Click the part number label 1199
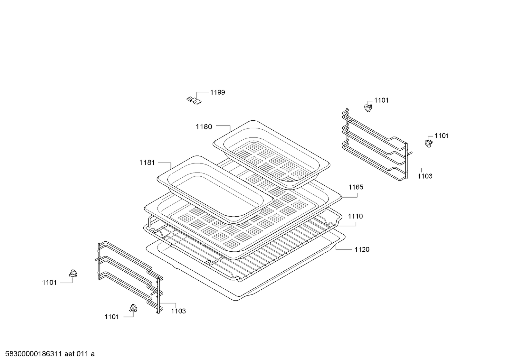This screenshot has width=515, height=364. [x=217, y=92]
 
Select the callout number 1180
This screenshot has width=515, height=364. [x=204, y=126]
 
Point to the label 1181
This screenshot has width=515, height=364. [x=147, y=163]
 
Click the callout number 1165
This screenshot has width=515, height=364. [x=356, y=187]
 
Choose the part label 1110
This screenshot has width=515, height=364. [x=355, y=216]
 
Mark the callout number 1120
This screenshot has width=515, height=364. [x=362, y=249]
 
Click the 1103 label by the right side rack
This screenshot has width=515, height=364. [x=425, y=176]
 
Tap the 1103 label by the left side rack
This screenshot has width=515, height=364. [x=178, y=311]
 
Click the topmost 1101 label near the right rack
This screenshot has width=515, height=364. [x=381, y=100]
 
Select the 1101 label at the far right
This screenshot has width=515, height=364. [x=442, y=136]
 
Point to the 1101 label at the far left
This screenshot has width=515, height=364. [x=49, y=283]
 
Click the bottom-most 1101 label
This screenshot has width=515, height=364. [x=112, y=317]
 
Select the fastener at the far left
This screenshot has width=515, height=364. [x=73, y=274]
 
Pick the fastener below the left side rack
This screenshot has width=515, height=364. [x=133, y=308]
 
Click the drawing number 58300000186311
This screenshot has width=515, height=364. [x=33, y=354]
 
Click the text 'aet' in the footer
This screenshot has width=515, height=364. [x=70, y=354]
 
